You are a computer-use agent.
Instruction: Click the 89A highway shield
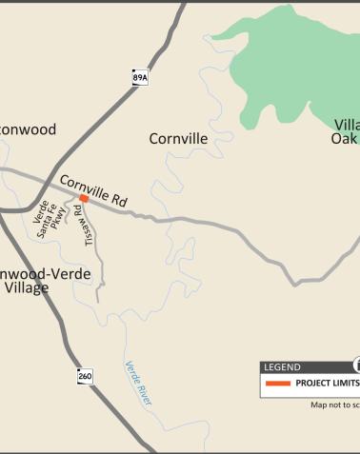(140, 77)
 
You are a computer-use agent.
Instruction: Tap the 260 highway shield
(86, 377)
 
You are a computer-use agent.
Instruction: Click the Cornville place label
(178, 139)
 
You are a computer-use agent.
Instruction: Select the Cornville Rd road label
(93, 190)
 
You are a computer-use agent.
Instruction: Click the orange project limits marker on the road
(84, 199)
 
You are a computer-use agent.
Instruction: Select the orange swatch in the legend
(278, 384)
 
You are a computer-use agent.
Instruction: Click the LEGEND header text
(282, 367)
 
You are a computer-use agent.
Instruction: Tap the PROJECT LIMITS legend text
(327, 384)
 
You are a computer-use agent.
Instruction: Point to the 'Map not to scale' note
(334, 405)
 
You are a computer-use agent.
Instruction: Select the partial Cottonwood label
(28, 129)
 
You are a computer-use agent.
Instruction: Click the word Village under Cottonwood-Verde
(26, 287)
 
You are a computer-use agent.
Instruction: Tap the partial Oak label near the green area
(343, 139)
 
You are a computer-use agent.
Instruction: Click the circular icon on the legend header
(357, 365)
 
